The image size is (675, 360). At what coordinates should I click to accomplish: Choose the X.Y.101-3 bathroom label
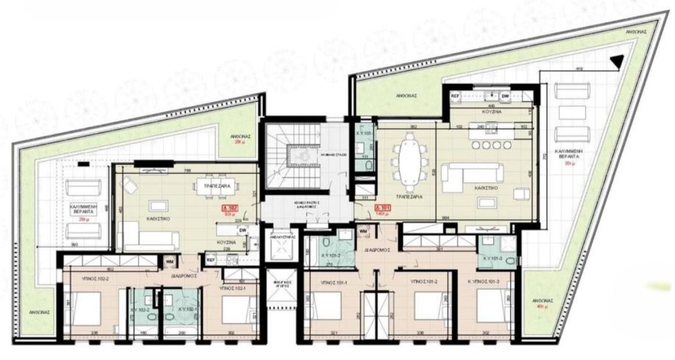click(x=493, y=258)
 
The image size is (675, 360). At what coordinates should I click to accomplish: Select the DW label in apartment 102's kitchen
click(x=243, y=230)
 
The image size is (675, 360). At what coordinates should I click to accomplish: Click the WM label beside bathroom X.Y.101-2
click(x=363, y=230)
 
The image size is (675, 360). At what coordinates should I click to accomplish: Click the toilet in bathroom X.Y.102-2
click(x=151, y=318)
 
